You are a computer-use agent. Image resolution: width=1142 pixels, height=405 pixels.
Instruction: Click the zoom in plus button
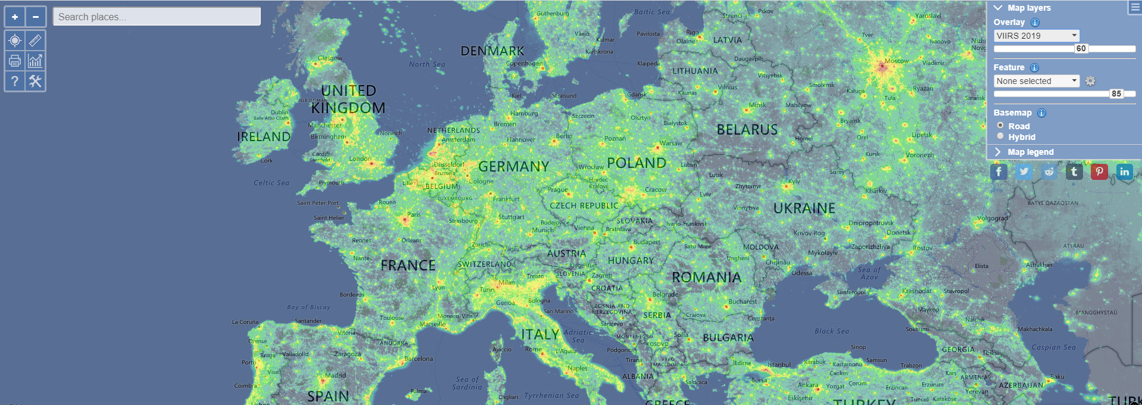[15, 17]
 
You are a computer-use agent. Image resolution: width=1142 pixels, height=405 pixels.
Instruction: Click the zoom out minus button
[36, 17]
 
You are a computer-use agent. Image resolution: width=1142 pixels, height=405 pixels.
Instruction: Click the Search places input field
[157, 17]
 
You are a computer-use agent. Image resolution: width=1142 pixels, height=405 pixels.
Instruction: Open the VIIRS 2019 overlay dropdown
[1036, 36]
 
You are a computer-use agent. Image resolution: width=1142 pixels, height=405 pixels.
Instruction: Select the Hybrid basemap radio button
[1000, 136]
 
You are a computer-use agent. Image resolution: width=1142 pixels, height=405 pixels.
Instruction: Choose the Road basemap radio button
[1000, 126]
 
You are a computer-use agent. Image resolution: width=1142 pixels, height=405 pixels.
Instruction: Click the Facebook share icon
[999, 172]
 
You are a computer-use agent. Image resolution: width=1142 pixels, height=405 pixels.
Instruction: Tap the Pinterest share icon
[1099, 172]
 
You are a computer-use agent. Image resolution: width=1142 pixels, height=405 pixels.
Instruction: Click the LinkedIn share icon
[1124, 172]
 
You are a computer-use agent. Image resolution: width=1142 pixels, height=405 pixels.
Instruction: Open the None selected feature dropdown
[1036, 81]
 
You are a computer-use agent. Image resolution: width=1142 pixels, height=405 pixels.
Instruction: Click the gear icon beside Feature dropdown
[1090, 81]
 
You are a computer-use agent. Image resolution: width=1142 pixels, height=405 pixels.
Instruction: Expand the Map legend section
[1030, 152]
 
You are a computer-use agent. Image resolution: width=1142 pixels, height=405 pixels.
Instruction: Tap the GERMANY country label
[513, 166]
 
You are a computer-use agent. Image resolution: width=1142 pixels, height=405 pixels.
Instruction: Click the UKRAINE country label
[804, 208]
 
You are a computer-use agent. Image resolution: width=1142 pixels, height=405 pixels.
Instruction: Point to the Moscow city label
[896, 61]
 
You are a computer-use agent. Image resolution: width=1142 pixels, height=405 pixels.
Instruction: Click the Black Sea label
[832, 331]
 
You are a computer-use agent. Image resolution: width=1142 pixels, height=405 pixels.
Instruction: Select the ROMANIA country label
[706, 278]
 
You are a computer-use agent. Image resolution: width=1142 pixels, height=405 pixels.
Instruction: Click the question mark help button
[15, 81]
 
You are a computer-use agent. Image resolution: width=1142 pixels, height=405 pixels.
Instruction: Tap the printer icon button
[15, 61]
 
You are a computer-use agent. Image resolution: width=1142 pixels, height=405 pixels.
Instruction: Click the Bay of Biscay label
[308, 307]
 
